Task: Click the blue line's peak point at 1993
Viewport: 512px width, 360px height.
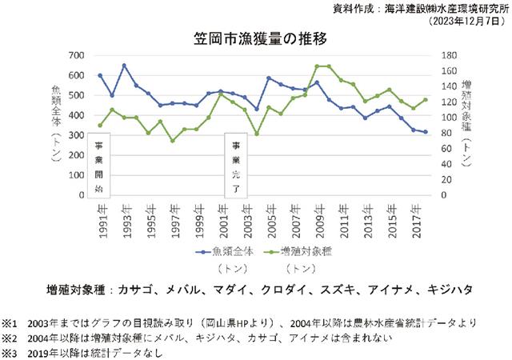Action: [124, 66]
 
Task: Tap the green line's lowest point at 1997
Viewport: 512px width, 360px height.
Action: [173, 141]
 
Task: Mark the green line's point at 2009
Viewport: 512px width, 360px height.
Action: [318, 66]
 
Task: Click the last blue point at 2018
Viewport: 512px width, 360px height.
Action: [426, 132]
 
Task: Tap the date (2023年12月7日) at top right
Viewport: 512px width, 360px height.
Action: [462, 22]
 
